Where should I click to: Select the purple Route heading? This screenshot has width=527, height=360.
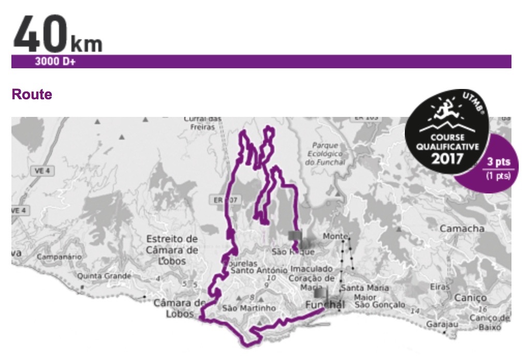click(32, 95)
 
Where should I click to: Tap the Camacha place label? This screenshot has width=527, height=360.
click(462, 229)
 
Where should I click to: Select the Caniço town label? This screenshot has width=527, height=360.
click(471, 298)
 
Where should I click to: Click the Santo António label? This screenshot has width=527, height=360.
click(259, 270)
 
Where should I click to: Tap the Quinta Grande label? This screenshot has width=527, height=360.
click(105, 276)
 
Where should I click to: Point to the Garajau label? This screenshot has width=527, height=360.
click(440, 324)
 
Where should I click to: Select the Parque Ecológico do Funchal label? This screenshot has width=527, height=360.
click(325, 154)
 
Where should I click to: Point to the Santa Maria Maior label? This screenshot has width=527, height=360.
click(365, 292)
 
